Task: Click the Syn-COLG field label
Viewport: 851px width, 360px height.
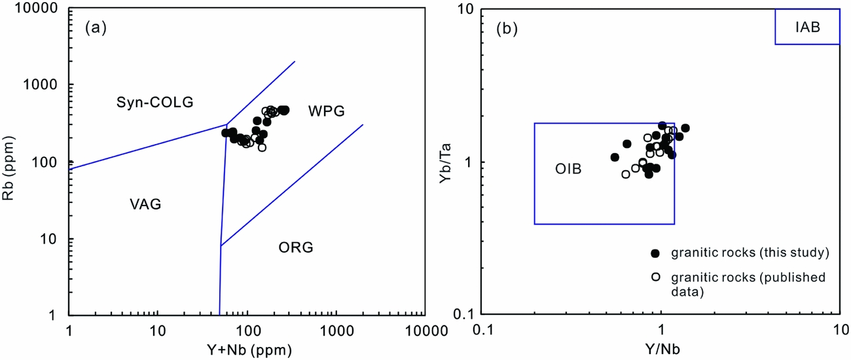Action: coord(155,102)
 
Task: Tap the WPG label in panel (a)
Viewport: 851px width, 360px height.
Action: coord(326,111)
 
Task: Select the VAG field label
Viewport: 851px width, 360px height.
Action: coord(145,205)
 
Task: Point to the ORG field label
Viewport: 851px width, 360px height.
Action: coord(296,247)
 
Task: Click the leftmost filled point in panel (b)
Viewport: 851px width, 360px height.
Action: coord(615,157)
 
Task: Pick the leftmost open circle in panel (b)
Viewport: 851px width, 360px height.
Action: coord(625,174)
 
